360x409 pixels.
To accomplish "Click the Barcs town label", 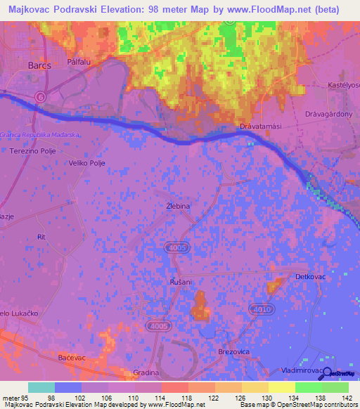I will (x=39, y=65).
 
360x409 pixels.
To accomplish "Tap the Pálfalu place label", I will (x=79, y=62).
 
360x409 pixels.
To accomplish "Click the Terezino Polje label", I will (x=32, y=151).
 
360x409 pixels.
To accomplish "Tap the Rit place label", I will (x=41, y=238).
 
